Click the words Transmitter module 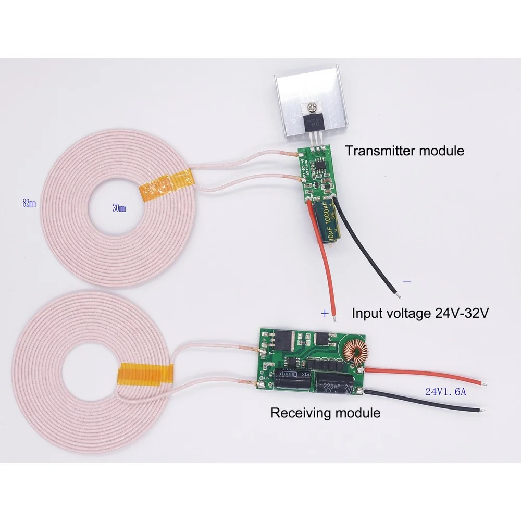404,152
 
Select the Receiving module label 325,413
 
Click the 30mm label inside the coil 119,208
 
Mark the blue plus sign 325,314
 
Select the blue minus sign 407,281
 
